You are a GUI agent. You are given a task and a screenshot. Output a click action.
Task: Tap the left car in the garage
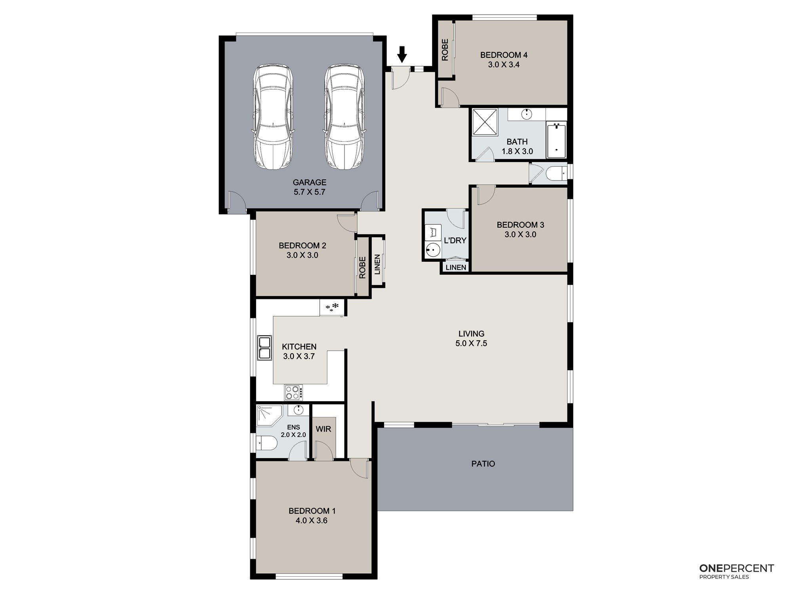pos(273,117)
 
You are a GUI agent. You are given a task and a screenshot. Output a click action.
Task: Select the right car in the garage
pos(345,117)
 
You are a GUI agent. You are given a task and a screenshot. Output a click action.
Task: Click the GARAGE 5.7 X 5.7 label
pos(310,187)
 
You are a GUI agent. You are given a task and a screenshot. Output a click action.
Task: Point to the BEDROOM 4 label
pos(504,55)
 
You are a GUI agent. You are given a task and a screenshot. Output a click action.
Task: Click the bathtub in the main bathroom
pos(556,140)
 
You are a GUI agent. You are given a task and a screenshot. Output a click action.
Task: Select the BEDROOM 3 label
pos(520,225)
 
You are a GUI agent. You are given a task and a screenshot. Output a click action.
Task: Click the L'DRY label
pos(455,240)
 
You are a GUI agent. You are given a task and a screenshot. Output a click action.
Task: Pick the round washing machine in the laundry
pos(433,250)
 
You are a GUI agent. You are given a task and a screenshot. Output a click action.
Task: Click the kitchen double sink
pos(265,348)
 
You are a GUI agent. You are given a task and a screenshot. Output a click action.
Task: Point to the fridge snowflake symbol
pos(332,307)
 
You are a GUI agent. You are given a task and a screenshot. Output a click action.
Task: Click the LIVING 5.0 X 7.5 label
pos(471,339)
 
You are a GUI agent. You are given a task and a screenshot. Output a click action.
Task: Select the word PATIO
pos(483,464)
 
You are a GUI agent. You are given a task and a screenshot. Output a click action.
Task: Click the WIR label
pos(324,429)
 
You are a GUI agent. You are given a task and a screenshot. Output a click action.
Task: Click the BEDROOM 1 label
pos(312,511)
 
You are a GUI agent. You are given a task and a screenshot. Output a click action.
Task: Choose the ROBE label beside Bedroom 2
pos(362,268)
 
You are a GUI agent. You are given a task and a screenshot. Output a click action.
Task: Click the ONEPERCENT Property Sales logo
pos(737,571)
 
